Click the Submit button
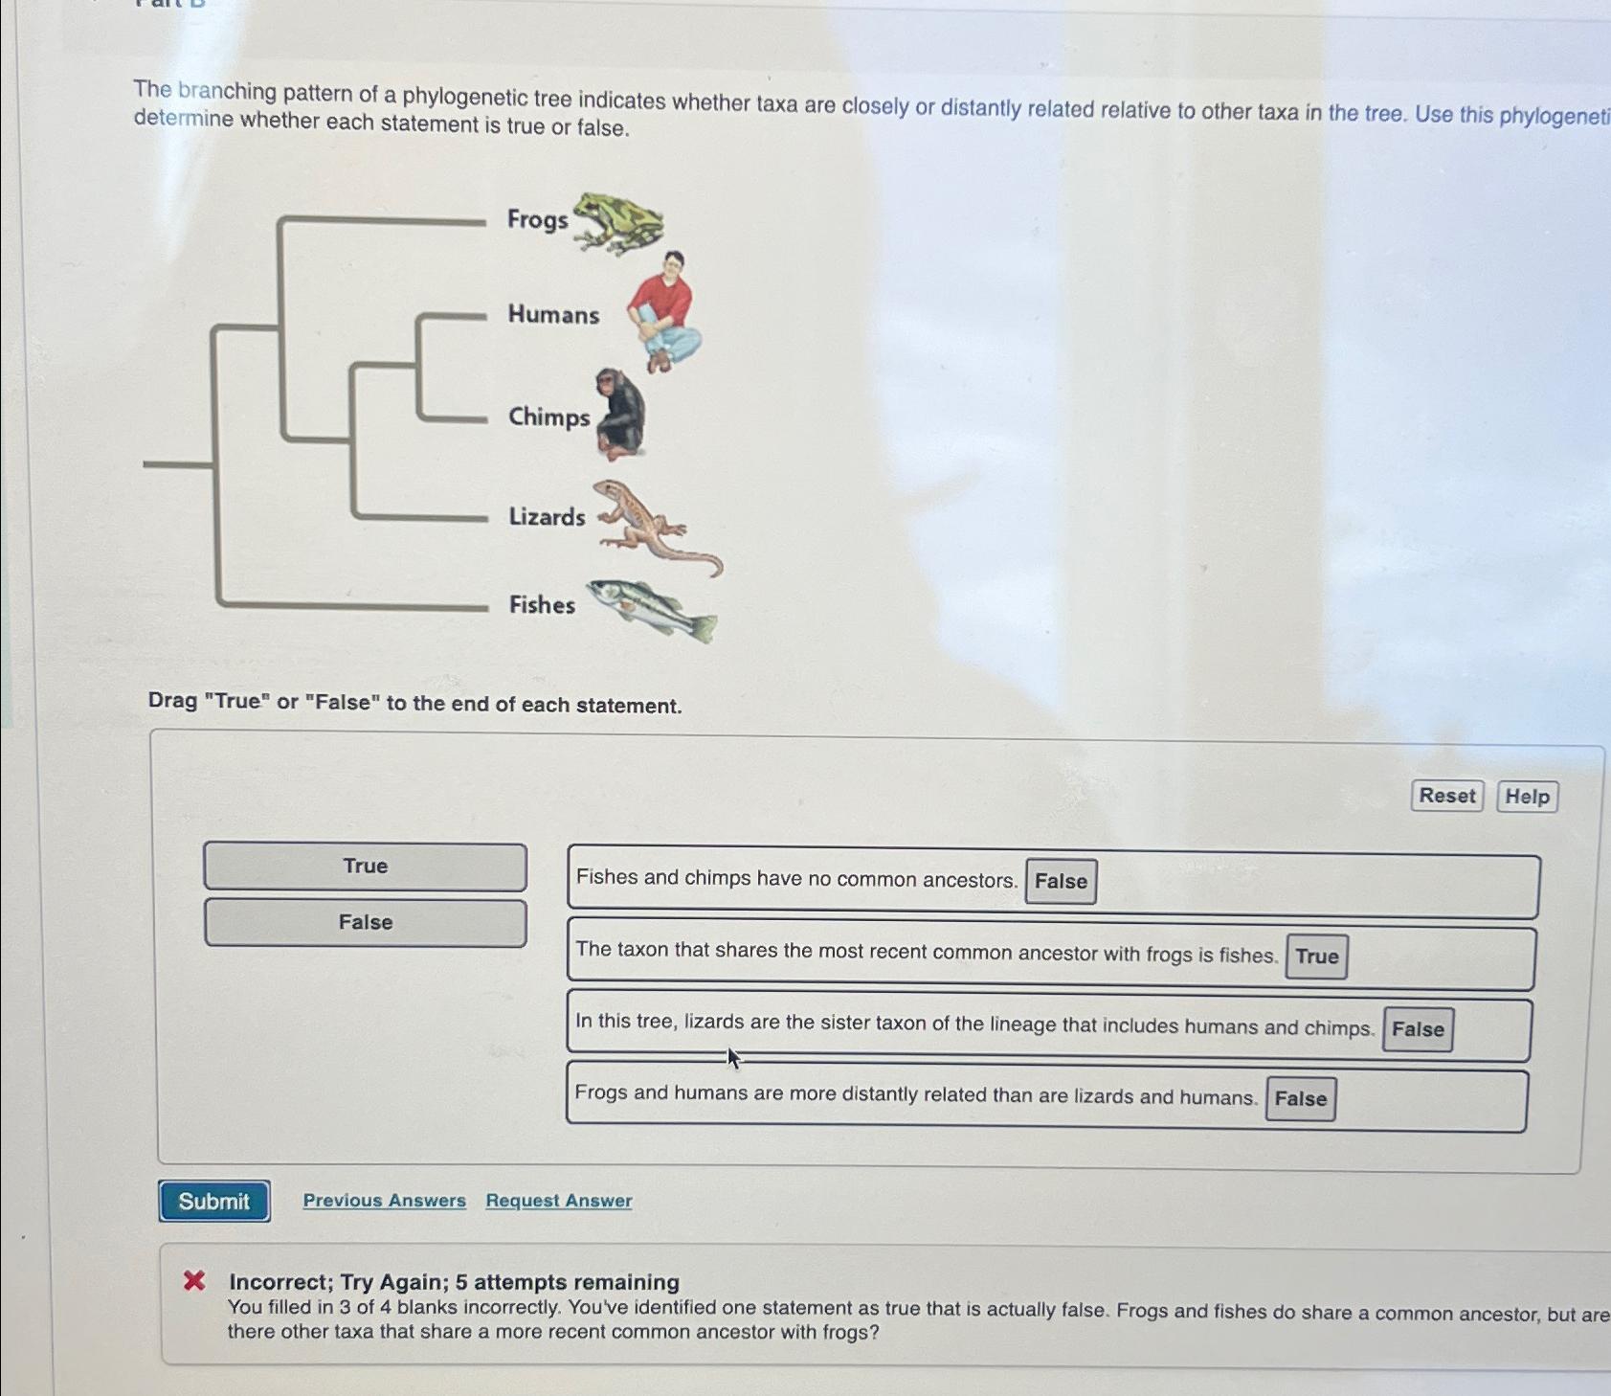click(x=214, y=1201)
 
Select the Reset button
click(x=1446, y=796)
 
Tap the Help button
click(x=1527, y=797)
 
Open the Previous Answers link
click(x=384, y=1200)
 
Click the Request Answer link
click(x=558, y=1200)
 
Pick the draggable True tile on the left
click(x=365, y=866)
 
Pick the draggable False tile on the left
click(x=365, y=922)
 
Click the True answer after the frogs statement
click(x=1316, y=957)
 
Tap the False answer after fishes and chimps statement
click(x=1061, y=881)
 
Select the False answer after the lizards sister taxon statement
click(x=1417, y=1029)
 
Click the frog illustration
click(x=618, y=222)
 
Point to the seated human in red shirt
click(x=664, y=311)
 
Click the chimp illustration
click(x=620, y=414)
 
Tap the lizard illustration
click(x=651, y=527)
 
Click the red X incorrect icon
click(x=194, y=1280)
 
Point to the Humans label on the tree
click(x=553, y=315)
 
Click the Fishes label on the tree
click(x=542, y=605)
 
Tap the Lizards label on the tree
click(x=547, y=517)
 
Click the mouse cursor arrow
click(x=733, y=1057)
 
